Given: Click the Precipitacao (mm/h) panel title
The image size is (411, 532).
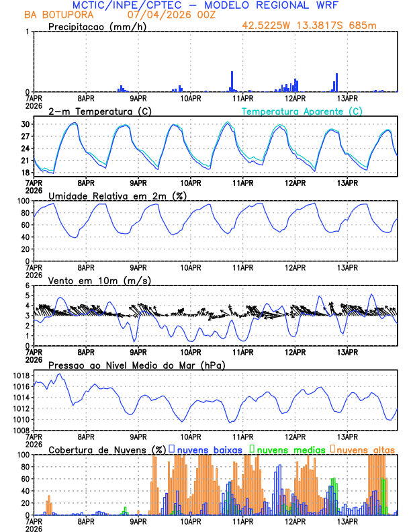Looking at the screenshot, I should click(x=95, y=26).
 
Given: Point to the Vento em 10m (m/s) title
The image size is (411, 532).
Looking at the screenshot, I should click(x=99, y=280).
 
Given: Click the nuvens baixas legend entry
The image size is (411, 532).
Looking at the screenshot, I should click(x=209, y=449).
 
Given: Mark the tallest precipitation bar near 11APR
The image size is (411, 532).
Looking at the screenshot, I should click(x=232, y=81).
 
